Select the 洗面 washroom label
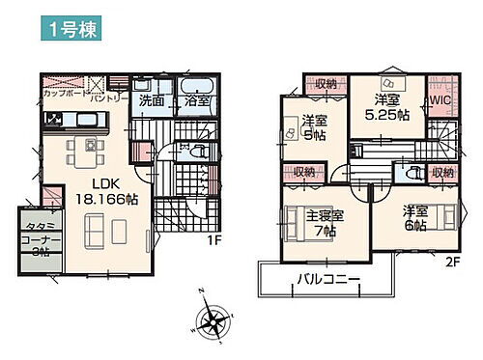(150, 99)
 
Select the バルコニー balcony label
(327, 280)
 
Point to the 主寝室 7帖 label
(324, 224)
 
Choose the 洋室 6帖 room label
(416, 217)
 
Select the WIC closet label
(440, 99)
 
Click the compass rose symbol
(213, 320)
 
